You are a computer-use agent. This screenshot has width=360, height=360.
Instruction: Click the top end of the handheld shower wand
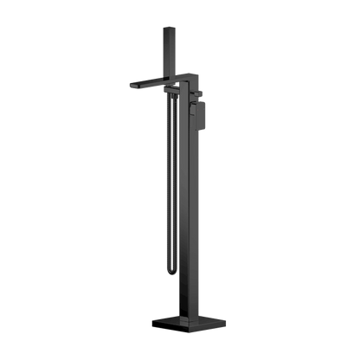[x=167, y=28]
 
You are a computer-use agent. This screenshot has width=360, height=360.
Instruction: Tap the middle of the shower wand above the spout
[x=167, y=52]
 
